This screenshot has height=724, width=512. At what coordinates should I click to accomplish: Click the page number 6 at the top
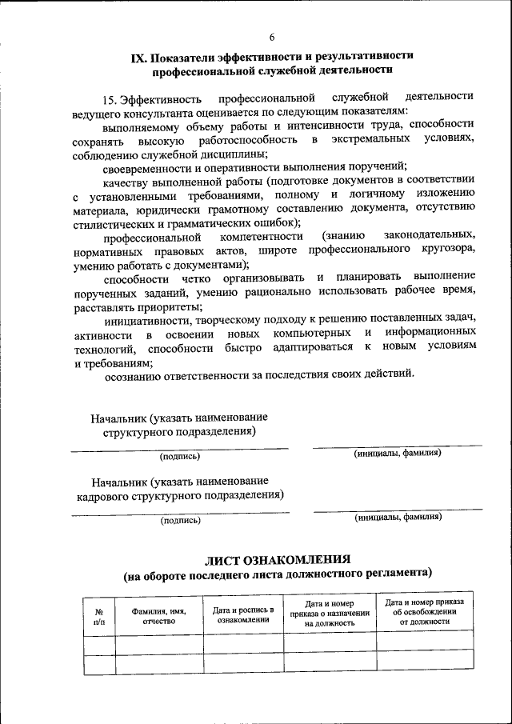click(272, 38)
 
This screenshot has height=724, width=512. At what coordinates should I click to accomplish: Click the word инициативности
click(146, 318)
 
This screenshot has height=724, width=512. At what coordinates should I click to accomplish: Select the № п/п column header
click(99, 615)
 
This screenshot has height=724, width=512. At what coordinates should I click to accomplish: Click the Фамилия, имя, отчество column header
click(158, 615)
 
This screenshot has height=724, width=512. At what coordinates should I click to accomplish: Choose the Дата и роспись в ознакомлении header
click(243, 615)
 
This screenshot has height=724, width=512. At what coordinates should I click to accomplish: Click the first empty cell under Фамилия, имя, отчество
click(158, 643)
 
